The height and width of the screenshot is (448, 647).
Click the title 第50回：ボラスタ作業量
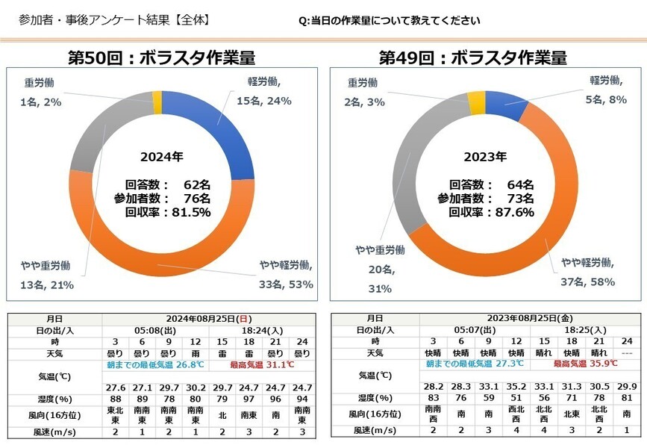(x=161, y=58)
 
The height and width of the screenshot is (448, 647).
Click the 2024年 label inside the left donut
(x=161, y=158)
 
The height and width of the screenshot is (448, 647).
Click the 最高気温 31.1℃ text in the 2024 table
(x=261, y=365)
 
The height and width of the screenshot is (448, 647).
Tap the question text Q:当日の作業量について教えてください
(x=388, y=20)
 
